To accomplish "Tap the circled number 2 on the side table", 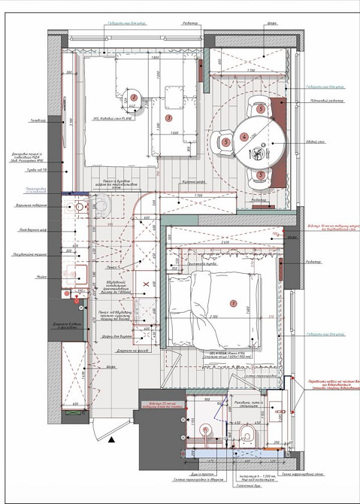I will click(134, 96).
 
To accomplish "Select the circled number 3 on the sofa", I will click(168, 118).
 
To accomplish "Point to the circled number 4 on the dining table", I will click(244, 137).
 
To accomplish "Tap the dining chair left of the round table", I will click(223, 140).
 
